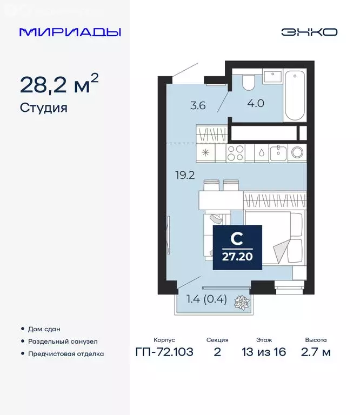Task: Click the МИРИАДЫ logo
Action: click(70, 32)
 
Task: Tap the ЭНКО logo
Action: click(309, 32)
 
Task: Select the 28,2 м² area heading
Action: click(59, 85)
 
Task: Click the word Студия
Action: click(43, 108)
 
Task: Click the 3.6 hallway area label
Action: click(198, 106)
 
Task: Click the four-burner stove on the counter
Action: click(236, 152)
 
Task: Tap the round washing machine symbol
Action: click(297, 152)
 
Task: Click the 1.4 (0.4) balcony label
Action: click(206, 298)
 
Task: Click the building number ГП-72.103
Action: click(164, 353)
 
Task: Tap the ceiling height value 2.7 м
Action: click(315, 353)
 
